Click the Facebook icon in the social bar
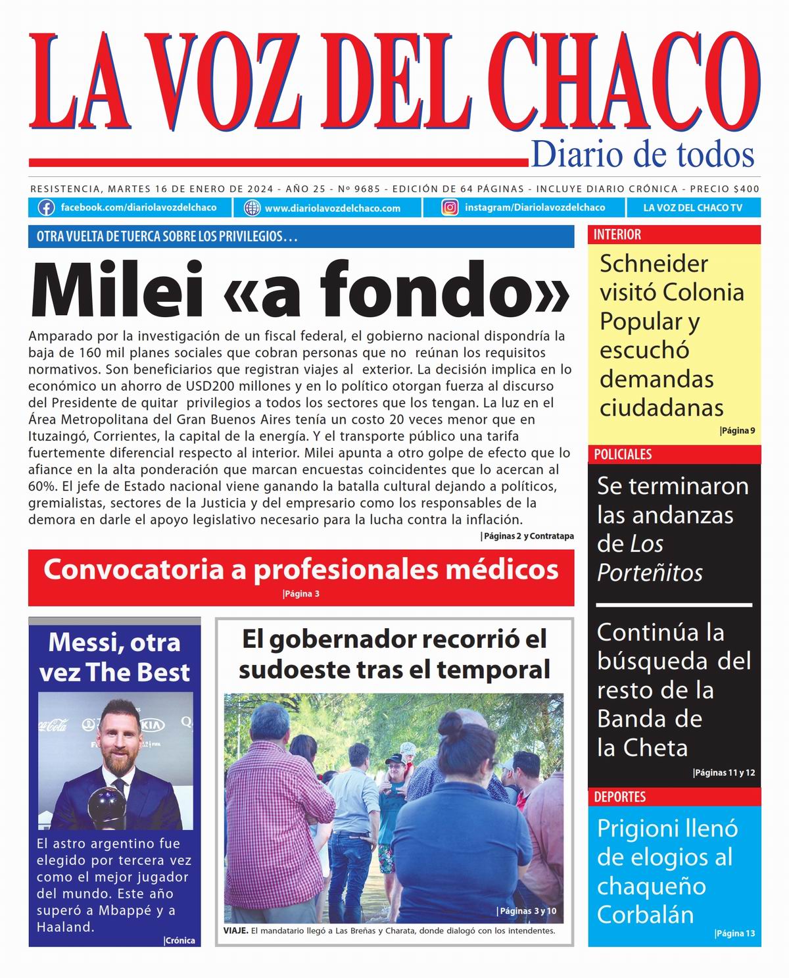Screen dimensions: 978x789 click(46, 208)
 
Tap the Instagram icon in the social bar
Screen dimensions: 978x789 click(450, 208)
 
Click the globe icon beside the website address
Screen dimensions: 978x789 click(252, 208)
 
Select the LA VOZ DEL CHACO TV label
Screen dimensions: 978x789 click(692, 208)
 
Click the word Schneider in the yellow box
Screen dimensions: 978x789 click(654, 264)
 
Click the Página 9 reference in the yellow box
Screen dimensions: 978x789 click(738, 431)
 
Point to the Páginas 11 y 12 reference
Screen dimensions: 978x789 click(724, 773)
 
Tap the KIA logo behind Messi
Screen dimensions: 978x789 click(152, 725)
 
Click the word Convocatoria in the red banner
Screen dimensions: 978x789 click(134, 570)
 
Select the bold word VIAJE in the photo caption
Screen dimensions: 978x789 click(235, 931)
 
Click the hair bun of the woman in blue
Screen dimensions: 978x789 click(452, 725)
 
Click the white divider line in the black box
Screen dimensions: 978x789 click(674, 604)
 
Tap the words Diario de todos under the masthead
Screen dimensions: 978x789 click(642, 155)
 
